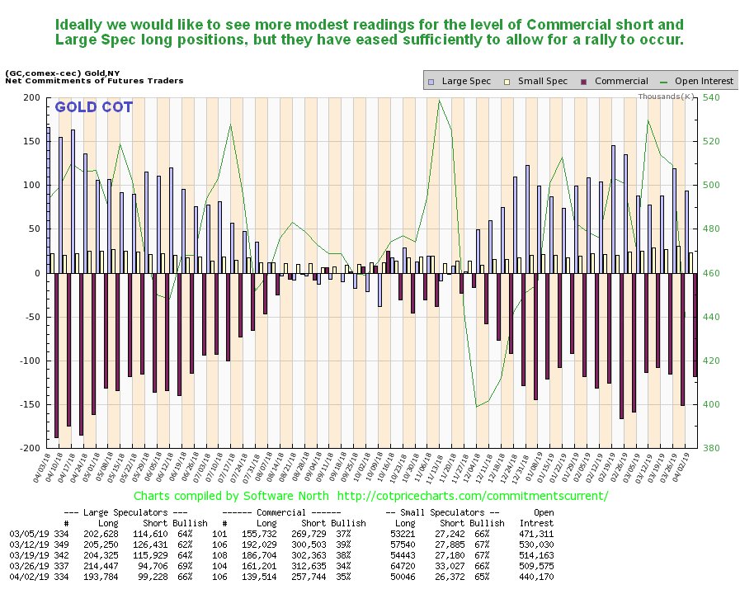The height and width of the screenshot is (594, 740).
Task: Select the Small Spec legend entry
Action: pos(540,81)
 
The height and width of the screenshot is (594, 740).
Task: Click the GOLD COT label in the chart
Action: pos(93,107)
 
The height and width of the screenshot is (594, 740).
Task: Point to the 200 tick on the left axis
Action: pos(31,97)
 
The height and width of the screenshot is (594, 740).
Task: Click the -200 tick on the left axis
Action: pos(29,448)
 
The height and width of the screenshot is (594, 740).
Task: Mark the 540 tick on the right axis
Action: pos(712,97)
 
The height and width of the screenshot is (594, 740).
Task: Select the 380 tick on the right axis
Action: pos(712,448)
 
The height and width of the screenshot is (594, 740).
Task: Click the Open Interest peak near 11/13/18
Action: pos(438,101)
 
